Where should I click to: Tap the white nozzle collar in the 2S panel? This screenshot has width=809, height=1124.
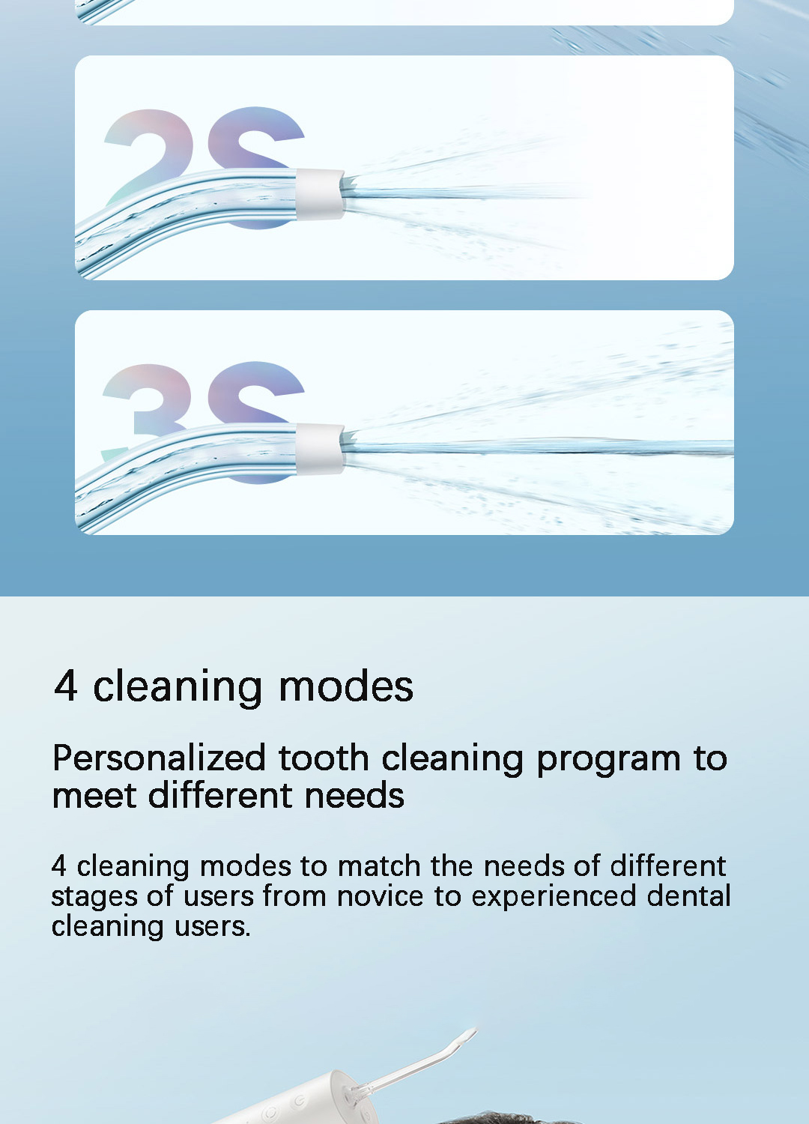tap(320, 194)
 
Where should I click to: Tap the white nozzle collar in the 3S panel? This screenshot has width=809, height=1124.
tap(320, 449)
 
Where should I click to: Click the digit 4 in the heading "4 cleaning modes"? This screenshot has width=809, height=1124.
tap(66, 686)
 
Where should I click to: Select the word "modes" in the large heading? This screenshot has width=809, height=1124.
tap(345, 686)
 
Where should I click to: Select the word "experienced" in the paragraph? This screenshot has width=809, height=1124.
tap(554, 896)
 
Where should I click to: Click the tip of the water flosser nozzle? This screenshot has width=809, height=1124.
tap(472, 1033)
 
